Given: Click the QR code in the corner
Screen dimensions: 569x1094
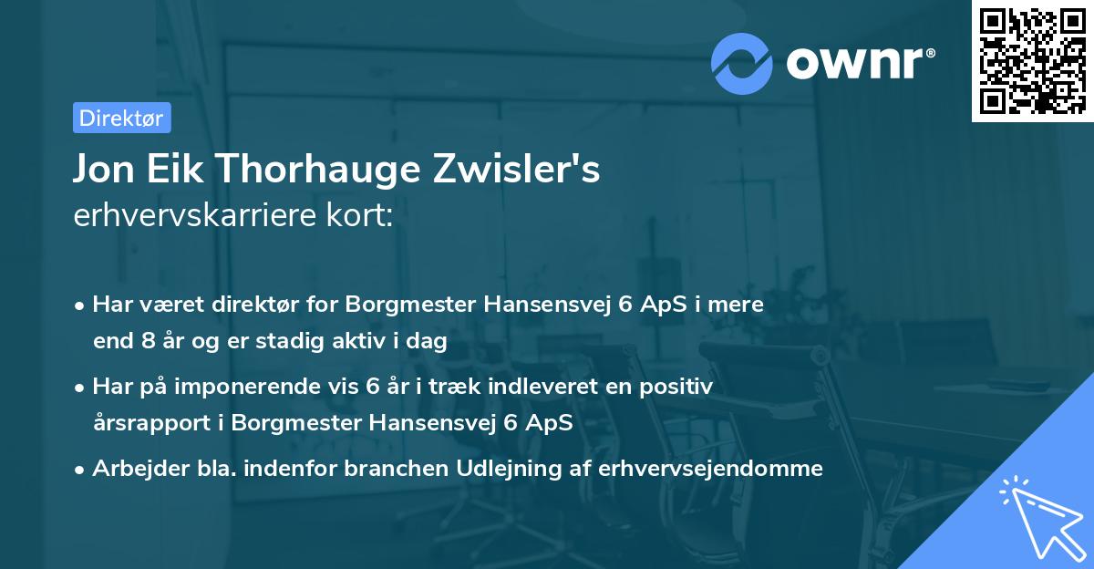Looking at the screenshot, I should point(1031,60).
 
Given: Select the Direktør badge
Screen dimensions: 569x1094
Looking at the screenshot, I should point(121,118).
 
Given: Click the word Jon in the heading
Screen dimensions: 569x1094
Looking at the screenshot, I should point(105,171).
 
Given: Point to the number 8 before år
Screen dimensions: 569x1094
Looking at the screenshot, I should point(149,342).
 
